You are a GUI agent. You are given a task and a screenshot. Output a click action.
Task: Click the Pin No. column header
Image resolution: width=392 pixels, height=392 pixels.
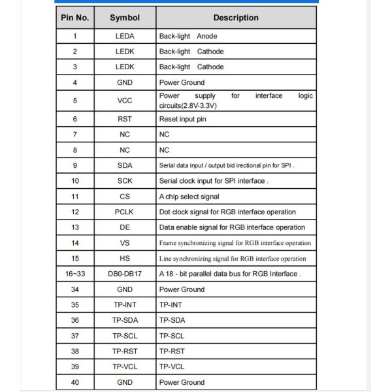[75, 18]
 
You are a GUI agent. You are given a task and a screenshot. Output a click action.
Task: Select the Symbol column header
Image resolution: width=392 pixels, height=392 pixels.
[125, 18]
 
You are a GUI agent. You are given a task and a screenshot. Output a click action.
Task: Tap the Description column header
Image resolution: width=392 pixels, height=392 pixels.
[236, 18]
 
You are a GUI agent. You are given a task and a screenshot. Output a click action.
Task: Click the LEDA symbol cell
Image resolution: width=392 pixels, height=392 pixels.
[125, 37]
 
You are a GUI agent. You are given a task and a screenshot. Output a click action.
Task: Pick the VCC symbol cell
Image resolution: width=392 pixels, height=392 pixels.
[125, 101]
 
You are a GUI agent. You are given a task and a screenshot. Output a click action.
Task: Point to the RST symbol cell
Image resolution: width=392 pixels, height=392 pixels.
[125, 119]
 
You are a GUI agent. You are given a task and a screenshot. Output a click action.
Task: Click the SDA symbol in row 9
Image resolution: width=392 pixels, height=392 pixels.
[125, 165]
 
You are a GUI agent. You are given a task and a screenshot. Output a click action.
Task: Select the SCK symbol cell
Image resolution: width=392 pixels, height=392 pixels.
[125, 181]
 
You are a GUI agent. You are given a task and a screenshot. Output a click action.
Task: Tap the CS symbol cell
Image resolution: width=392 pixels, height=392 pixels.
[125, 197]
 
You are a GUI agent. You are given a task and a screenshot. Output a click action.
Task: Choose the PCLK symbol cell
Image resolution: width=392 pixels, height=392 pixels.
[125, 212]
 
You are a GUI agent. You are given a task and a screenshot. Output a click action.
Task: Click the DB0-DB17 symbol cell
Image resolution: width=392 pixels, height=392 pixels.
[125, 274]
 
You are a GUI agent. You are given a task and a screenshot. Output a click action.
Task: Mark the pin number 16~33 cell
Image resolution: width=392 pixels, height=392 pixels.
[75, 274]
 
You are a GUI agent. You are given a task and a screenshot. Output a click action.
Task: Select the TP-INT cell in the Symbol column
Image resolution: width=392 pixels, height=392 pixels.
[125, 305]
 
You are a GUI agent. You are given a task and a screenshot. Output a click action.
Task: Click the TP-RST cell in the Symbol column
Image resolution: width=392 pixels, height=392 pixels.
[125, 351]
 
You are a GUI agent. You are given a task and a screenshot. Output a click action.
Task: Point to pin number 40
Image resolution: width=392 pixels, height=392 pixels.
[75, 382]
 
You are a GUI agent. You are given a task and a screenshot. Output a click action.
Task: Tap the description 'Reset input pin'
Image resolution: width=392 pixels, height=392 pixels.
[182, 119]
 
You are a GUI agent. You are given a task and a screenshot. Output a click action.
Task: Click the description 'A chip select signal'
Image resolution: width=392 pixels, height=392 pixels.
[189, 197]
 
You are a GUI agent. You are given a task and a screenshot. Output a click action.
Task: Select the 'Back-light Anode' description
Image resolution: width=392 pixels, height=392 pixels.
[188, 37]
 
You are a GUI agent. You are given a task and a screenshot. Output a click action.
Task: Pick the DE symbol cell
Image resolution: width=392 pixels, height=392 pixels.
[125, 227]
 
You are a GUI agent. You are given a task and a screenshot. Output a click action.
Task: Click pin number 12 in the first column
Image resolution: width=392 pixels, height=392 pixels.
[75, 212]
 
